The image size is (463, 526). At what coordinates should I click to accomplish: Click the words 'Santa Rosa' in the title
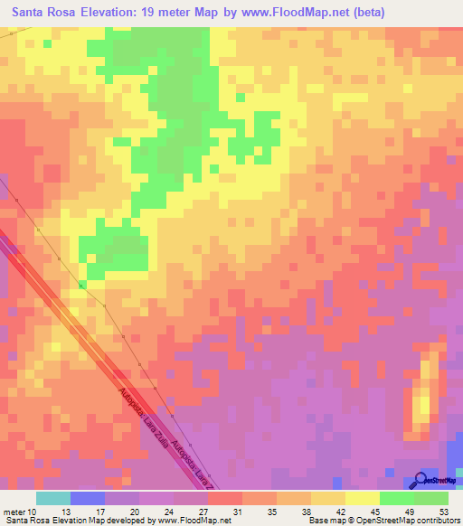point(43,13)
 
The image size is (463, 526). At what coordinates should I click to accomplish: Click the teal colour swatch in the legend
point(53,498)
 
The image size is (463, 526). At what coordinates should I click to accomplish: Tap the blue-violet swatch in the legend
point(88,498)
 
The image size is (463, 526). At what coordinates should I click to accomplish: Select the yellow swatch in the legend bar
point(362,498)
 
